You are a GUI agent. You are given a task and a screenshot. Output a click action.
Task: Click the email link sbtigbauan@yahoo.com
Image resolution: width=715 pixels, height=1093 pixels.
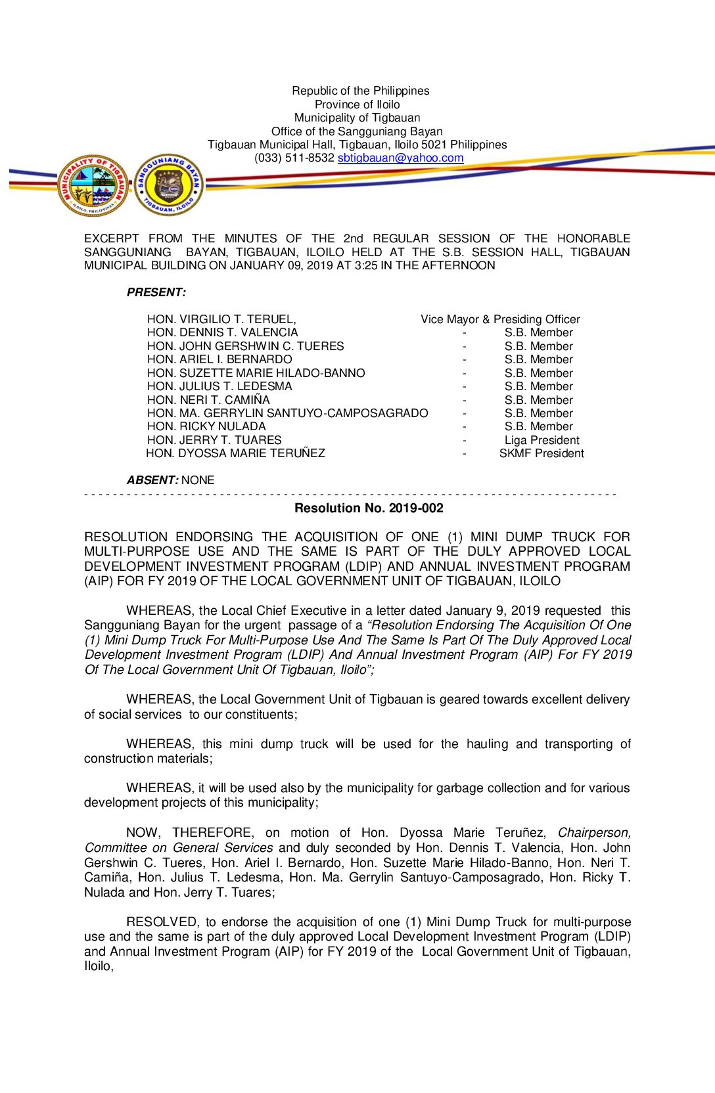400,158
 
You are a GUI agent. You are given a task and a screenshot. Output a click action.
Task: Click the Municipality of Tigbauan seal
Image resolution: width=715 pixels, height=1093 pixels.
93,186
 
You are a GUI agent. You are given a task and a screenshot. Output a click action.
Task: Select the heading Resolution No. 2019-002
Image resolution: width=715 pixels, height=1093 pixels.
369,508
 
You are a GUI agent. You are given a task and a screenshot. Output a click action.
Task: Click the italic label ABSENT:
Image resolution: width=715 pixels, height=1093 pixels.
152,480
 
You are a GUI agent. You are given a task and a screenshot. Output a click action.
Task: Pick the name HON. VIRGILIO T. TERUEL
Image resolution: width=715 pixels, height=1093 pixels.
221,319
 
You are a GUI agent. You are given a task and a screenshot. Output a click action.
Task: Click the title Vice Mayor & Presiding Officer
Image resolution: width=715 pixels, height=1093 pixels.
500,319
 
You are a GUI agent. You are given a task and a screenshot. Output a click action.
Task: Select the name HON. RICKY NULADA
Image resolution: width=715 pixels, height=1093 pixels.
206,426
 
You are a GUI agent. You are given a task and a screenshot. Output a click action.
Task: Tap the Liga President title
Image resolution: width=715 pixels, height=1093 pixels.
542,440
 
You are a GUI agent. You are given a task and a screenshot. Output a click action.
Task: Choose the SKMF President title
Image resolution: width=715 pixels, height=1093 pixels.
542,453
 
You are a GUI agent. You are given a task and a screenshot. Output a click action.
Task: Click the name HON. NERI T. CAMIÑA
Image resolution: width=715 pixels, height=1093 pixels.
208,400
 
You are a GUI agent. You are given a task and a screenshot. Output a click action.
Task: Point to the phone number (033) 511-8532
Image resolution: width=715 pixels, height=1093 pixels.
294,158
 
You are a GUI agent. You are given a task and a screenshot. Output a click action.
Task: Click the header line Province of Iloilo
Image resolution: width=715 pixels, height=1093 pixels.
357,104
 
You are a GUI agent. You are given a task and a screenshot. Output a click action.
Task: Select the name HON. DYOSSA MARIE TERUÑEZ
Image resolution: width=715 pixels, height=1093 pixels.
235,453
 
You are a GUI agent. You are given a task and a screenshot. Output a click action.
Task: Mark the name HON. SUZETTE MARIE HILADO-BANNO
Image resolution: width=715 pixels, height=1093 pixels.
256,373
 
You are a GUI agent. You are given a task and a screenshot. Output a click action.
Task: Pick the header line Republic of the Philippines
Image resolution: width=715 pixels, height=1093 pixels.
360,91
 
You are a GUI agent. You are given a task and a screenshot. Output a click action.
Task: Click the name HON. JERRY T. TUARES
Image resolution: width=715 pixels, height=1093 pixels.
214,440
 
